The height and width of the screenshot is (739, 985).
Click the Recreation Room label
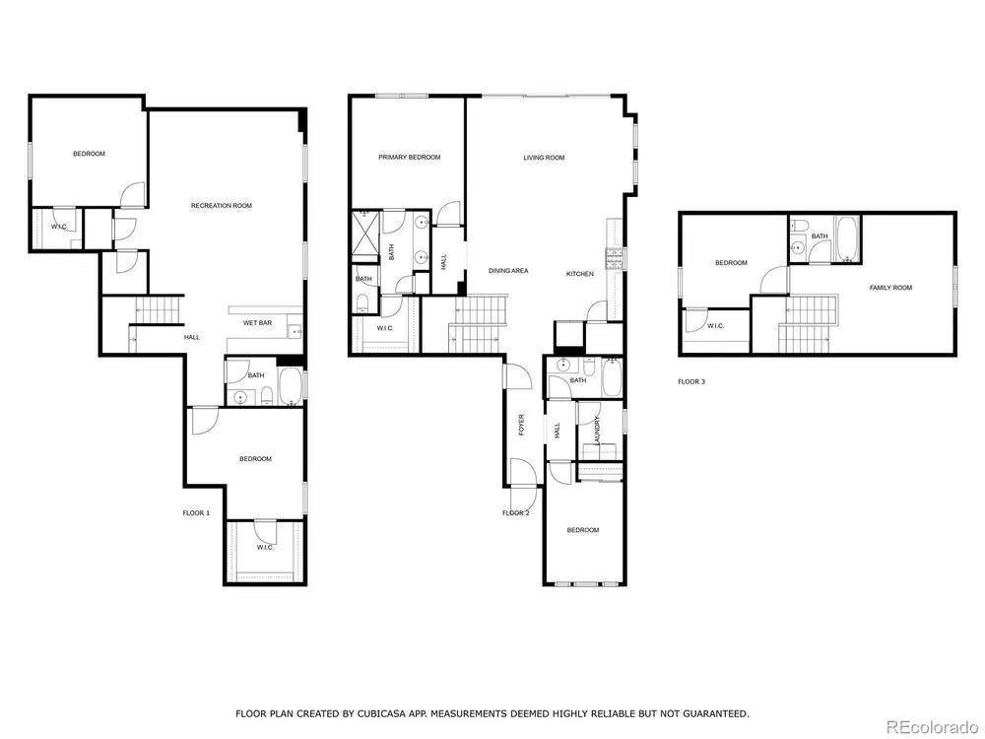click(x=221, y=206)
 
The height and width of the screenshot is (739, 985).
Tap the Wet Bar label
click(x=257, y=323)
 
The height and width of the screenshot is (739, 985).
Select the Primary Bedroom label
click(x=409, y=157)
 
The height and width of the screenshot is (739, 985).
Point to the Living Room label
click(x=544, y=158)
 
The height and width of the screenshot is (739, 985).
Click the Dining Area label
click(x=508, y=271)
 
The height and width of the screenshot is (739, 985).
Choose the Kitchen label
click(x=580, y=274)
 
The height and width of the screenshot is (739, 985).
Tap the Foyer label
click(x=521, y=425)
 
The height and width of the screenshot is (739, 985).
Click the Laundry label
click(x=598, y=431)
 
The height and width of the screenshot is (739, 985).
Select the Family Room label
click(x=890, y=288)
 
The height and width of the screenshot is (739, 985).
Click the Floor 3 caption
click(x=691, y=381)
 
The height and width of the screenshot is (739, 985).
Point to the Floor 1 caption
click(x=196, y=513)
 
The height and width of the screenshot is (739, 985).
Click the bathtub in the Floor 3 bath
click(x=847, y=238)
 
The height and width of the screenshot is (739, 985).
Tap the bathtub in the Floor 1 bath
click(x=290, y=386)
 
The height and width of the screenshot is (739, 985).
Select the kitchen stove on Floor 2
click(x=614, y=258)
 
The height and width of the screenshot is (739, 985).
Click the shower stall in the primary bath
click(x=365, y=236)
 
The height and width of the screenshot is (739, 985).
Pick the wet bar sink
click(x=294, y=330)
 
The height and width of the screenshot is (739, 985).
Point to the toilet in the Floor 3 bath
click(x=800, y=227)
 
